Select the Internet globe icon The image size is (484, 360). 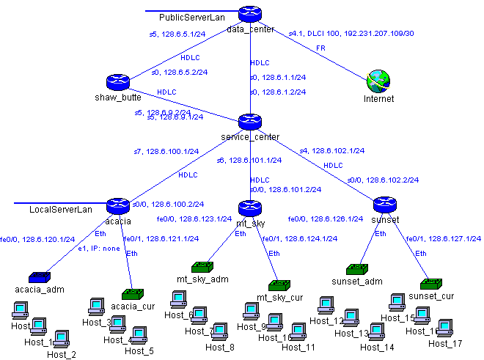(x=379, y=81)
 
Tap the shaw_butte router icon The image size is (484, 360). (x=117, y=83)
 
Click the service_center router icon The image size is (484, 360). (x=250, y=122)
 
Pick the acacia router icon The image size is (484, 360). (x=117, y=206)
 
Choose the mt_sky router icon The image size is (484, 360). (x=249, y=207)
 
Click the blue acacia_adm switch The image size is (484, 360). (x=40, y=278)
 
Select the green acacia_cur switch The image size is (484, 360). (x=132, y=295)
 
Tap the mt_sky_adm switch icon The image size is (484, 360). (x=202, y=268)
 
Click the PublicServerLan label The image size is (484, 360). (x=192, y=18)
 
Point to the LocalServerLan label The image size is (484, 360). (x=61, y=210)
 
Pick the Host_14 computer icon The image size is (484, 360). (x=376, y=333)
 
